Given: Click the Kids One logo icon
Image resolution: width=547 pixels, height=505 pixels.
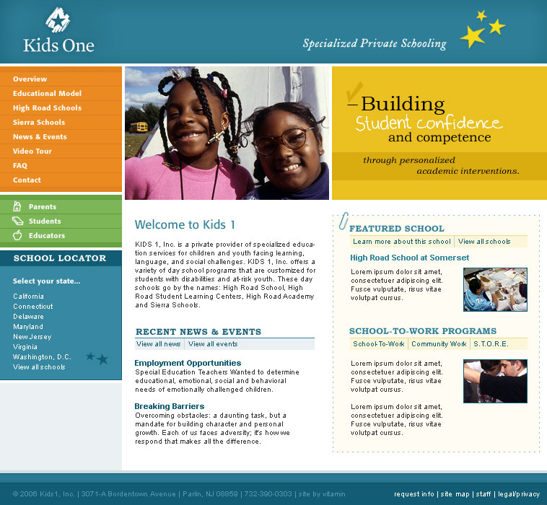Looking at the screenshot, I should pyautogui.click(x=58, y=22).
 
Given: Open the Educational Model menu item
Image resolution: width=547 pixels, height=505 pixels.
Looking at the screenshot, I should pyautogui.click(x=47, y=94).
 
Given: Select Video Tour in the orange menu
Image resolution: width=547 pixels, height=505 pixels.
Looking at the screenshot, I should pyautogui.click(x=32, y=151).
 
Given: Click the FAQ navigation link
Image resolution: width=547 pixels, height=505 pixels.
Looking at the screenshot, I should pyautogui.click(x=20, y=166).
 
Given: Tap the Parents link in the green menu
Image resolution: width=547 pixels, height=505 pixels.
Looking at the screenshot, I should pyautogui.click(x=43, y=207).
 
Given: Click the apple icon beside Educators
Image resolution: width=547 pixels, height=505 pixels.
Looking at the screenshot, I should pyautogui.click(x=17, y=235).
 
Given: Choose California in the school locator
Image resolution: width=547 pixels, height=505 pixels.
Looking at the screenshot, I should pyautogui.click(x=28, y=297).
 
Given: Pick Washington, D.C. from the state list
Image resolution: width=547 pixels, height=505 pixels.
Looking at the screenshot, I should pyautogui.click(x=42, y=357).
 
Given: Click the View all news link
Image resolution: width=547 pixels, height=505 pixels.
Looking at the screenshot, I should pyautogui.click(x=159, y=344).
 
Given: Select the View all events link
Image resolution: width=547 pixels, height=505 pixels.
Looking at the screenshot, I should pyautogui.click(x=213, y=344).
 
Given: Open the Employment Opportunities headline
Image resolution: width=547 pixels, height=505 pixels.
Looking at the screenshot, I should pyautogui.click(x=188, y=363).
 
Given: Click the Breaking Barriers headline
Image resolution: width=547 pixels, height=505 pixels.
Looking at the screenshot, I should pyautogui.click(x=170, y=406).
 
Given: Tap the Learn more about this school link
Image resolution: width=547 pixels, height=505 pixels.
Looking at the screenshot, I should pyautogui.click(x=402, y=242).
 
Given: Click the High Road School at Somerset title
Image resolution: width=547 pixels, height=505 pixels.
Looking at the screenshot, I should pyautogui.click(x=409, y=258).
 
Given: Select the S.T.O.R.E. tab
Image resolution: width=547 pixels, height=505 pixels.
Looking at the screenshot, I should pyautogui.click(x=491, y=344).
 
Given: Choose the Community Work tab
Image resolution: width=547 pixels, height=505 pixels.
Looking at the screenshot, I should pyautogui.click(x=439, y=344).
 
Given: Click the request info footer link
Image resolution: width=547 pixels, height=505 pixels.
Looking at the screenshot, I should pyautogui.click(x=414, y=494).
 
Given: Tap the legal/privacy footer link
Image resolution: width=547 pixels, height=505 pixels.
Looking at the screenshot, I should pyautogui.click(x=518, y=494).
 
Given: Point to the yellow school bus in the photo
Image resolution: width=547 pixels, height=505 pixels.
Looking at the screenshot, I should pyautogui.click(x=139, y=127).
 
